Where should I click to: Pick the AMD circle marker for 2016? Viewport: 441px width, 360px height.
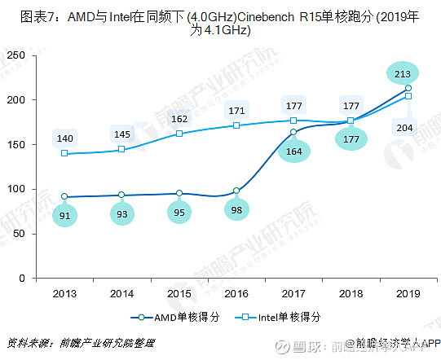pos(236,191)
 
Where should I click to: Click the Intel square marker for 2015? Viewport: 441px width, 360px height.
pos(179,134)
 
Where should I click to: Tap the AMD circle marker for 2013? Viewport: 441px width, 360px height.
pos(65,196)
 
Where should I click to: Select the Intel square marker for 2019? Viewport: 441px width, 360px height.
pos(408,96)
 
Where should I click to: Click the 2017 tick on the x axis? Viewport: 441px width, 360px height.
pos(293,292)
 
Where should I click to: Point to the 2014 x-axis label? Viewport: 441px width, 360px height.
pos(122,292)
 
